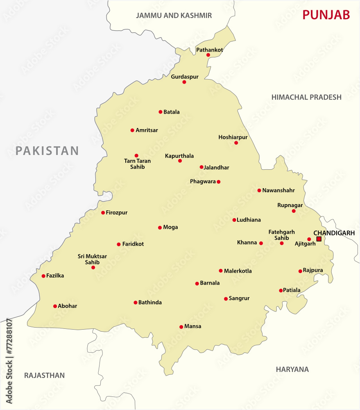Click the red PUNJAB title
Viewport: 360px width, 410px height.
point(326,15)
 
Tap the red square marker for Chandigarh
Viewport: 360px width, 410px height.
point(319,239)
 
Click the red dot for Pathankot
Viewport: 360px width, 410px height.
point(208,55)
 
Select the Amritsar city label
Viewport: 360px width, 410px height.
point(147,130)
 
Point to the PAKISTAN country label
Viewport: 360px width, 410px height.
point(47,151)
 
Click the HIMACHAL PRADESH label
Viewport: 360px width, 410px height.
point(306,97)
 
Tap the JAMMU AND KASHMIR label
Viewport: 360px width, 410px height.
point(174,16)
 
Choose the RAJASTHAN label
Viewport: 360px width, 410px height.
point(44,375)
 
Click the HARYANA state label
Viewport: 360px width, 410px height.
point(292,369)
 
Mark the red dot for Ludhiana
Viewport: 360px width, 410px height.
point(234,220)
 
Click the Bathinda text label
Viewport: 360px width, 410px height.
point(150,303)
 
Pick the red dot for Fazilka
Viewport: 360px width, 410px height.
point(43,276)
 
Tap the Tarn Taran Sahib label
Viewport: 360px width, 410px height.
point(137,164)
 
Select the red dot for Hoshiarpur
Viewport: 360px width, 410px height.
point(236,143)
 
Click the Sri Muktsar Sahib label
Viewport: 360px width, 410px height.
point(92,259)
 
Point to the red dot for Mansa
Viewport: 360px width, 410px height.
point(181,327)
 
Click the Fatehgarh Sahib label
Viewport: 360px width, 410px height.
point(281,235)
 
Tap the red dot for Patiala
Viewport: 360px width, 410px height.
point(281,291)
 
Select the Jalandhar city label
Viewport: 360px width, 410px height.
point(217,167)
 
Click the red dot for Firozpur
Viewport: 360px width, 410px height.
point(103,212)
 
